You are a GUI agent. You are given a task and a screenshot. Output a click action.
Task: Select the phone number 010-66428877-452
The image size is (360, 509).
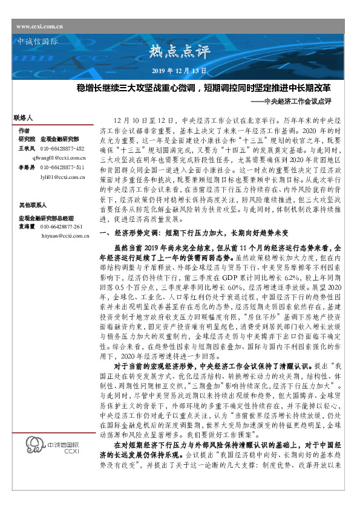(62, 148)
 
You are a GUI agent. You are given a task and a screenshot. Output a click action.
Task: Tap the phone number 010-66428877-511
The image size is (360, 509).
(62, 166)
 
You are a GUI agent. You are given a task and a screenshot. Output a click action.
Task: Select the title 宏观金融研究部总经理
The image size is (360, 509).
(45, 217)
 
